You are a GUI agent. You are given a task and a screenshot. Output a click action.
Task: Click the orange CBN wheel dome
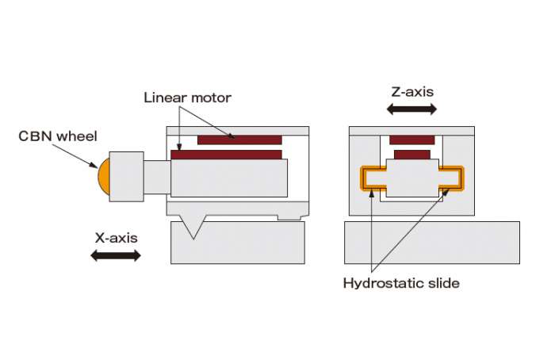[104, 176]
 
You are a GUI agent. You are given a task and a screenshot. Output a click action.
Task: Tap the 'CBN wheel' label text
[58, 136]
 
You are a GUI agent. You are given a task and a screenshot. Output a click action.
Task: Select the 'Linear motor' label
[187, 98]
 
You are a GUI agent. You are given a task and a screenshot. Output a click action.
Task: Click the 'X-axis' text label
[116, 238]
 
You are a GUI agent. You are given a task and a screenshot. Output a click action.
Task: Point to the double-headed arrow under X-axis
[116, 255]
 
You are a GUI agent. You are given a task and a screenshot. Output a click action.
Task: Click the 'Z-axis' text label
[412, 92]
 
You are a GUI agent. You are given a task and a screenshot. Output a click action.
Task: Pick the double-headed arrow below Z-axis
[411, 109]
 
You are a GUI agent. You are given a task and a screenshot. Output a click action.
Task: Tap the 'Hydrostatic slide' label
[401, 283]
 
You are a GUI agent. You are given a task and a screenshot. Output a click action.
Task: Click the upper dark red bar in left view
[239, 140]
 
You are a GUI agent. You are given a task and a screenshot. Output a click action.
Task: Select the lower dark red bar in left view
[226, 155]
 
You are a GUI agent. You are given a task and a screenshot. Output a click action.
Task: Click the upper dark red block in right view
[412, 140]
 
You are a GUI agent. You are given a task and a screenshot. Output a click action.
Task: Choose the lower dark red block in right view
[412, 155]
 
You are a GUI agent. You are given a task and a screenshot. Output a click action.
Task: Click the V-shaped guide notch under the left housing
[193, 227]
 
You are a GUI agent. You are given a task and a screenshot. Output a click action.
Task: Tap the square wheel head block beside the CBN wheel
[126, 177]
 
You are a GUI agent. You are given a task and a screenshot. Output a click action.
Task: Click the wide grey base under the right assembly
[432, 243]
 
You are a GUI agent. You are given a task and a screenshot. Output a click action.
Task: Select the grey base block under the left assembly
[238, 243]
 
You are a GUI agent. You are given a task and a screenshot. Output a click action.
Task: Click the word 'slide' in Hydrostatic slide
[444, 282]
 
